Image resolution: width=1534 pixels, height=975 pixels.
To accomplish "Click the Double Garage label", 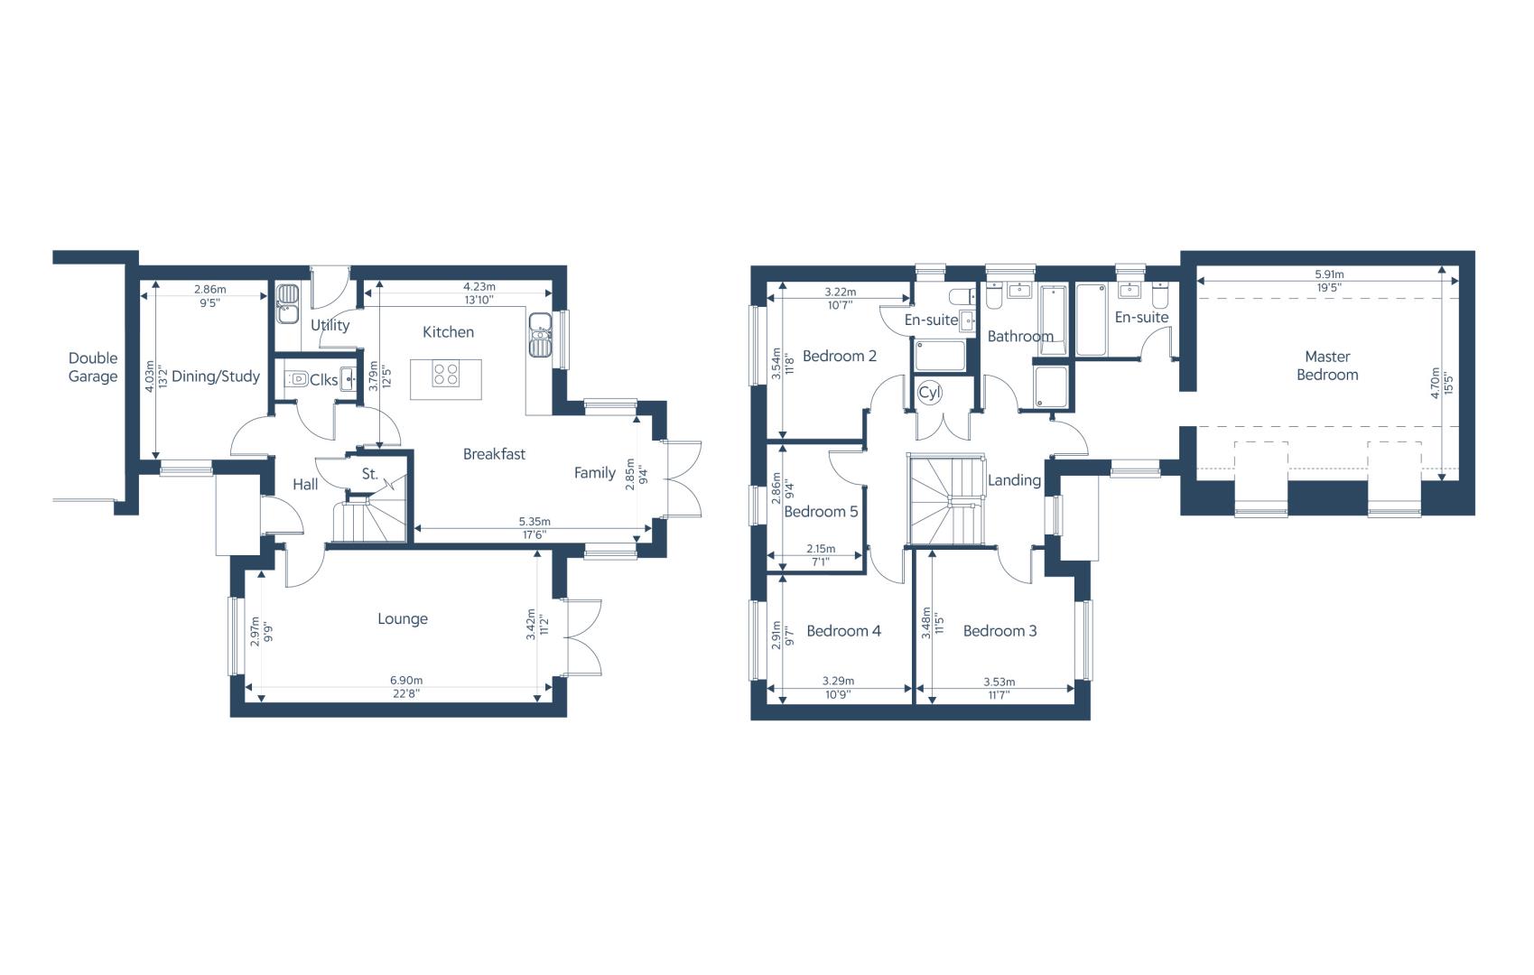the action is [x=93, y=367].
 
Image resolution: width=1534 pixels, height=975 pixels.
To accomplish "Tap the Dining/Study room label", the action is [x=216, y=376].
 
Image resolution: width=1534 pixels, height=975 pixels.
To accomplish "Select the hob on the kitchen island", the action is [x=446, y=374].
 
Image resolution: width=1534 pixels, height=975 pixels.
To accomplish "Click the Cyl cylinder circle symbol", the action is [x=929, y=393].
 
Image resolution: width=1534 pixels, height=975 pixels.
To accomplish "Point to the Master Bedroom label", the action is [x=1327, y=366].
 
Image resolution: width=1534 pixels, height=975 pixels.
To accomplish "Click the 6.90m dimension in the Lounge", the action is [x=406, y=681].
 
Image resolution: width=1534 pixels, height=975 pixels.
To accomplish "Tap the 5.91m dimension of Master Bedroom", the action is [x=1329, y=274].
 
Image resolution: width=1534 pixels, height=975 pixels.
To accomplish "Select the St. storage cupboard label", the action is [x=370, y=474].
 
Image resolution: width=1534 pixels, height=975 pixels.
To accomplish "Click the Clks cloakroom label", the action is [x=324, y=380].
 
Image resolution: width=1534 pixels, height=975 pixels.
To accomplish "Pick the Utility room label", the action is [x=330, y=325].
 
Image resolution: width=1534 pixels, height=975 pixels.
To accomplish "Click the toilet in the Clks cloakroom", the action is [x=297, y=378].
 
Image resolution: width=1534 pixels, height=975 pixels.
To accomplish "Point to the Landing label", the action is [x=1014, y=480].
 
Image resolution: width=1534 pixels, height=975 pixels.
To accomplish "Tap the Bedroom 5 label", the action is [x=821, y=512].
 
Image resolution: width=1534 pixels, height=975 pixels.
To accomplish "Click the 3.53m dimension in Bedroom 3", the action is [x=999, y=682].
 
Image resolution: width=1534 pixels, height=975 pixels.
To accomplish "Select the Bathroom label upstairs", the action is [x=1020, y=336].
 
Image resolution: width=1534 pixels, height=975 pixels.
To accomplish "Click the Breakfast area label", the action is [x=494, y=454].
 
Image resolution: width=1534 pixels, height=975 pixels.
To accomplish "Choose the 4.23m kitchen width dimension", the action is [x=479, y=287].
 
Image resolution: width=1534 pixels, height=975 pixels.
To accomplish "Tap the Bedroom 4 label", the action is [x=843, y=631].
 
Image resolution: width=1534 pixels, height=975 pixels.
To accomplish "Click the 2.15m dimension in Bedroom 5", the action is [x=821, y=549].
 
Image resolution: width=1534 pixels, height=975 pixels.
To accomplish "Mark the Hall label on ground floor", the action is [x=305, y=485].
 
